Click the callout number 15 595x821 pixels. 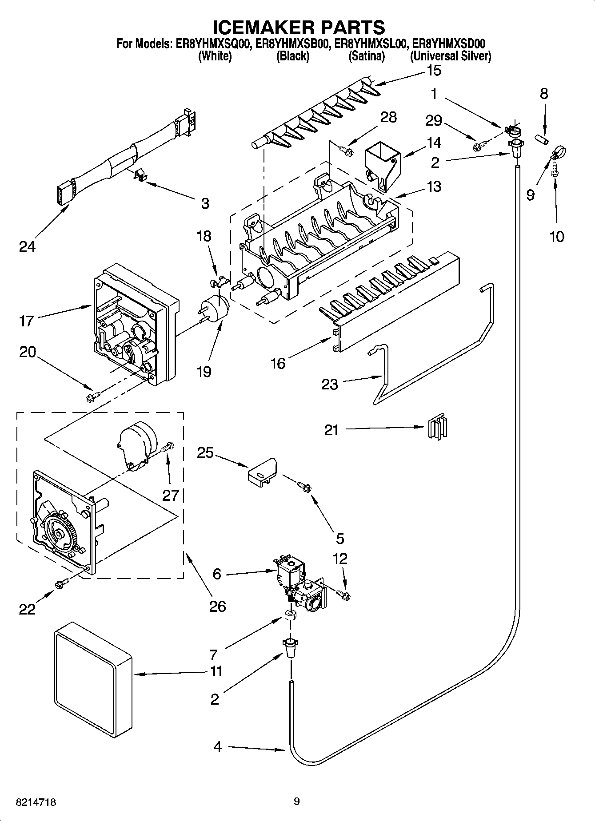click(434, 70)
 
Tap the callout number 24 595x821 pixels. click(27, 246)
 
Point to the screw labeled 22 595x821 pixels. click(62, 584)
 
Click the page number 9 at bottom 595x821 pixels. click(297, 801)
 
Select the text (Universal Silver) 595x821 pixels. click(450, 56)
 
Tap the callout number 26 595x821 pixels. click(217, 606)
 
